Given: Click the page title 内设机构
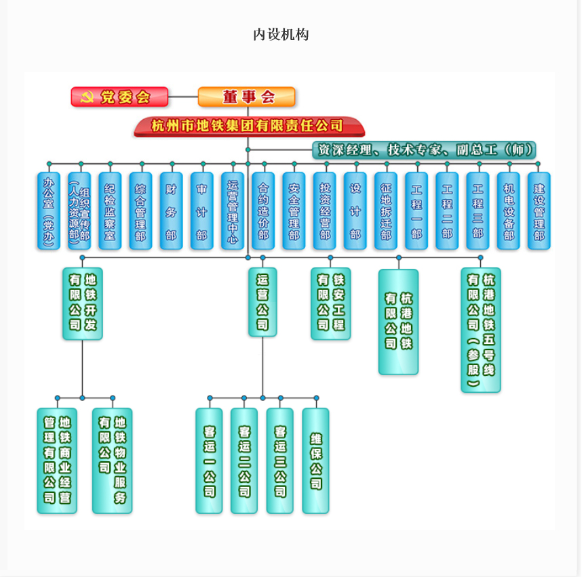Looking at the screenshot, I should coord(281,35).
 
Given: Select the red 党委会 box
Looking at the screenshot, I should coord(119,97).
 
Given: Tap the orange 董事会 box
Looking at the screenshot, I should coord(247,97).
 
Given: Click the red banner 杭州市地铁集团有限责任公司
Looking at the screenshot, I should coord(249,126).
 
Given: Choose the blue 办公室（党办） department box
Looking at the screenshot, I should coord(49,211).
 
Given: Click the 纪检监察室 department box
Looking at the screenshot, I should coord(110,211).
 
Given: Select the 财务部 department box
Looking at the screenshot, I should coord(172,211).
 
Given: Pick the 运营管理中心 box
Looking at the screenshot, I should coord(233,211).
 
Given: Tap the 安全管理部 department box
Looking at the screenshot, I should coord(294,211).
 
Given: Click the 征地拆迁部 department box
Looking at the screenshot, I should coord(386,211).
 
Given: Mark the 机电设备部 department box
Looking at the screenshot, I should coord(509,211).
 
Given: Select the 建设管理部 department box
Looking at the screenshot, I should coord(539,211).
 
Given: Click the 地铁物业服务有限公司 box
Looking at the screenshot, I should coord(113,461).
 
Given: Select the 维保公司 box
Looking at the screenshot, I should coord(315,461).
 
